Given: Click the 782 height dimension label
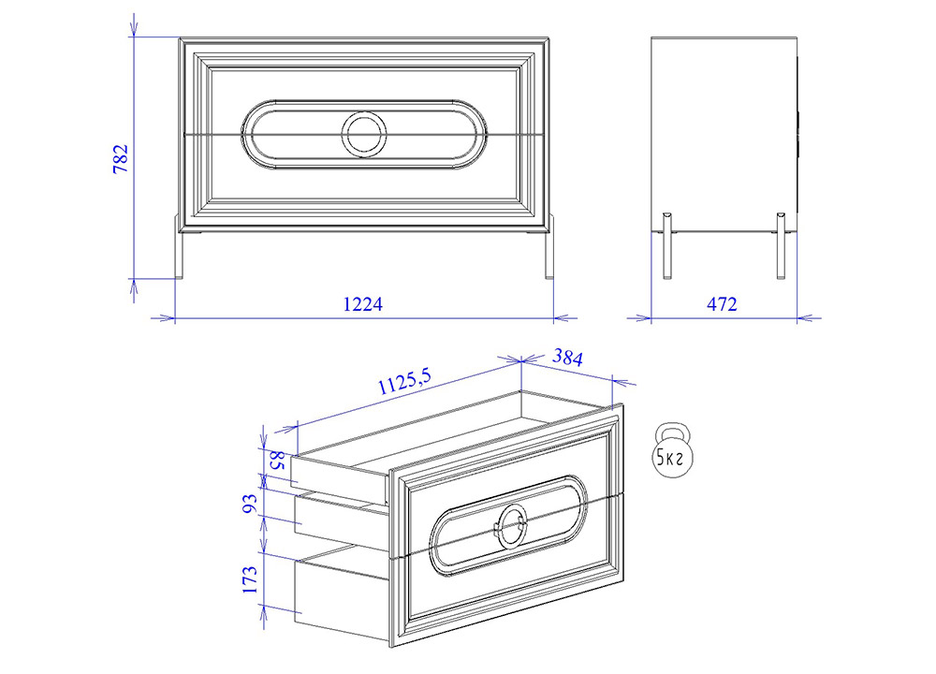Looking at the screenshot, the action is tap(121, 159).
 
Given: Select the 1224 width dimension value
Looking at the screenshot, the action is tap(363, 304).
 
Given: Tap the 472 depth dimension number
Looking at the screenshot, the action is tap(722, 304).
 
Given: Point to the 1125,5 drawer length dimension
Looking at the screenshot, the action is tap(404, 381).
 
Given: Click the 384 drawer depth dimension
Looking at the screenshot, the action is tap(567, 357).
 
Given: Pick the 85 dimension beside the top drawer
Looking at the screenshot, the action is tap(276, 460).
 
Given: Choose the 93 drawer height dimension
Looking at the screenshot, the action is tap(251, 504).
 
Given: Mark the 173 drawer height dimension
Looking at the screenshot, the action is tap(250, 580).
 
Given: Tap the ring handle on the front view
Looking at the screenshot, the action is tap(364, 134).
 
